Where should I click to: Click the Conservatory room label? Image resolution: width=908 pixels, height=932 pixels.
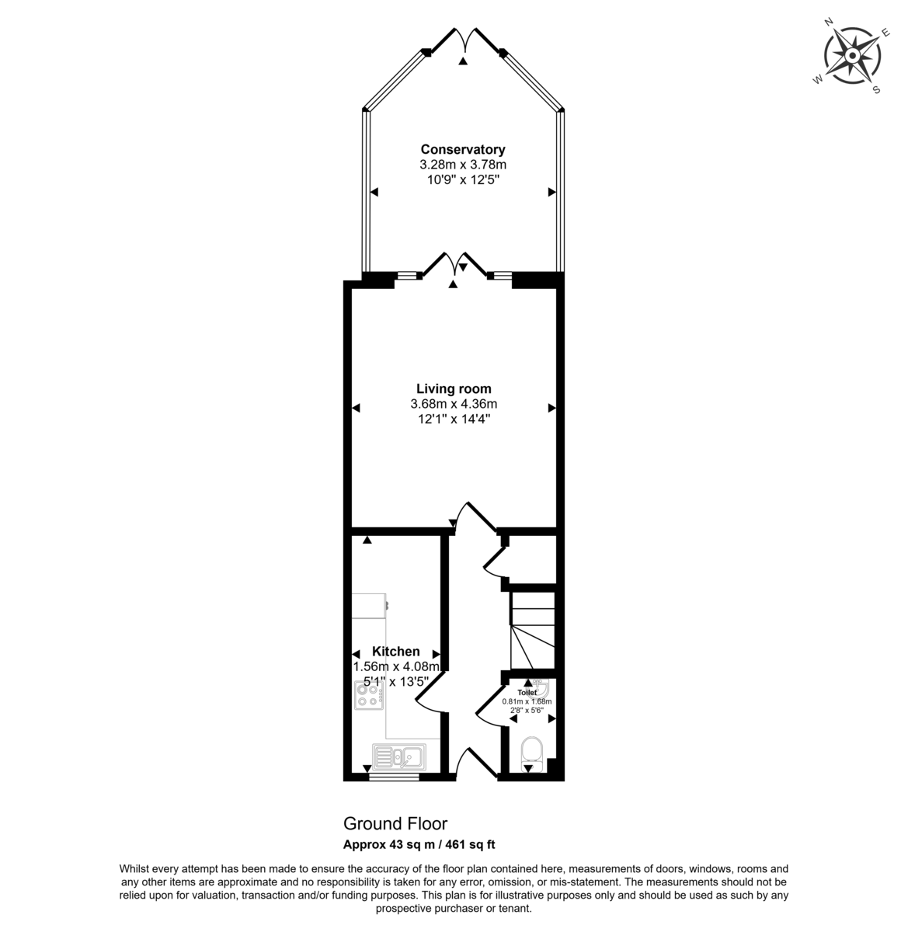tap(463, 150)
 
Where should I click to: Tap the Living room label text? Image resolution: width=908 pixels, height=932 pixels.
tap(454, 388)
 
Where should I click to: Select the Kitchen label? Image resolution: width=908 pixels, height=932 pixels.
tap(395, 652)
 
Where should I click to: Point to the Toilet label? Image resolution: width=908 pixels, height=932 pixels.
tap(527, 693)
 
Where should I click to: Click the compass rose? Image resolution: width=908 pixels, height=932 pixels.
tap(852, 57)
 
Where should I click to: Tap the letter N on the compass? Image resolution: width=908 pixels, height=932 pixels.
tap(828, 22)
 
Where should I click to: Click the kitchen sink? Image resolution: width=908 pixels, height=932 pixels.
tap(399, 756)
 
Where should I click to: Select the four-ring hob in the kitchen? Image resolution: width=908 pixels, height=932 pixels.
tap(369, 695)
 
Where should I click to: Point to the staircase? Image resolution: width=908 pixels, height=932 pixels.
tap(533, 631)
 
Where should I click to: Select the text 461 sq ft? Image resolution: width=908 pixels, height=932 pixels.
tap(470, 844)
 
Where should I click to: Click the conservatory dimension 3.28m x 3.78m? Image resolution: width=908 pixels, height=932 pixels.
tap(463, 165)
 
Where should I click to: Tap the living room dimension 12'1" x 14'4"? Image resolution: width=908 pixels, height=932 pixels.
tap(454, 419)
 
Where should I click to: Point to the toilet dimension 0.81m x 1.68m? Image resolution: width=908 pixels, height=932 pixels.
tap(527, 701)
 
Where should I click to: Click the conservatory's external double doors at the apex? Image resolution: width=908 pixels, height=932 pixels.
tap(464, 41)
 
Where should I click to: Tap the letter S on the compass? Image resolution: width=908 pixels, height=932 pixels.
tap(876, 89)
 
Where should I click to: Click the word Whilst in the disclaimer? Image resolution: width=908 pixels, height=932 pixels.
tap(134, 868)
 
